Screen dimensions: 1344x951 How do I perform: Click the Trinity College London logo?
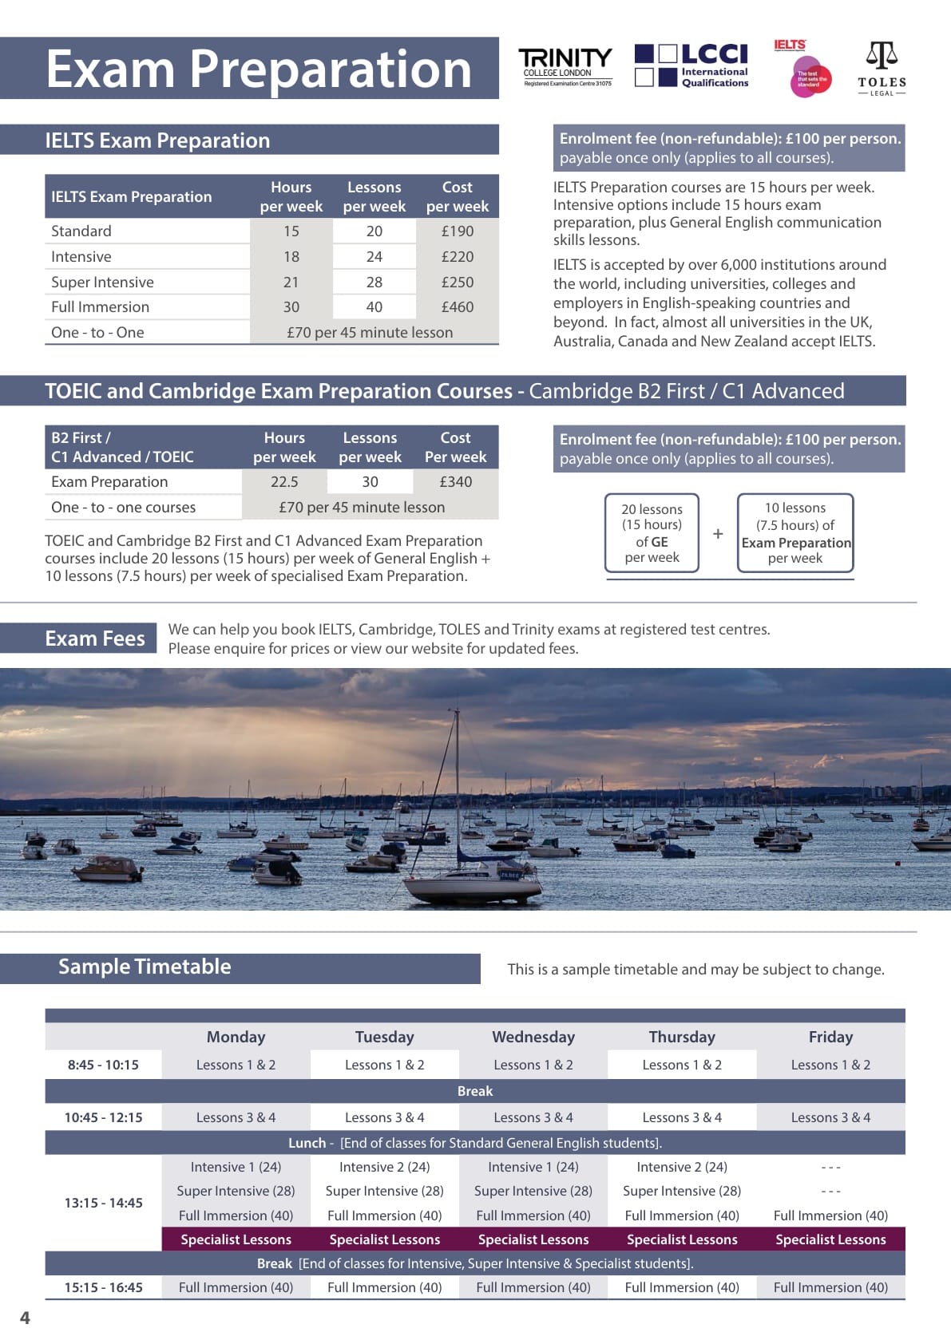click(565, 67)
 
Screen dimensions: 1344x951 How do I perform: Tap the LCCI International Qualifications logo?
click(691, 65)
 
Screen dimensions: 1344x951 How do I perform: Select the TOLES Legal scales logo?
click(882, 69)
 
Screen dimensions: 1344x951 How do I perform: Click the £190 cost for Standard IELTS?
click(458, 231)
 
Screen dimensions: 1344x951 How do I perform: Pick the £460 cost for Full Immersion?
click(458, 307)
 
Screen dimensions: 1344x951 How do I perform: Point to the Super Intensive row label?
click(103, 283)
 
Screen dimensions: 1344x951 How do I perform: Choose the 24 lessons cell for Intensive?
click(374, 257)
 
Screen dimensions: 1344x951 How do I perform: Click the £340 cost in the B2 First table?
click(456, 482)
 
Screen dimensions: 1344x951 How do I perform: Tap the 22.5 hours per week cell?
click(284, 482)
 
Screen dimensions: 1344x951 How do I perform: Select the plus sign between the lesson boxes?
click(718, 534)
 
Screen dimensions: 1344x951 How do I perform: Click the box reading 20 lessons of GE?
click(652, 533)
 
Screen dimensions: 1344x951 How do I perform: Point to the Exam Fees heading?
click(95, 639)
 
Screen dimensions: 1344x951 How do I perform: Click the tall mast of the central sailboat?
click(458, 782)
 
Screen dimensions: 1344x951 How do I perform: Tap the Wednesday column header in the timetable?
click(533, 1037)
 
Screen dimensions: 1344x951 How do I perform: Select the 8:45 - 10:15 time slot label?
click(103, 1065)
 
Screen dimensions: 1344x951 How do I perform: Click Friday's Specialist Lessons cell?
click(830, 1239)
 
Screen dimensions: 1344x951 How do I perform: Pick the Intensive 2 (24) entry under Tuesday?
click(384, 1167)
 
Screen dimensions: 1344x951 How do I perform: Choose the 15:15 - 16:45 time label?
click(104, 1287)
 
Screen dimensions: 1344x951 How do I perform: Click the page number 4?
click(25, 1318)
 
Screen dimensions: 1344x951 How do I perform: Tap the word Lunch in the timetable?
click(307, 1143)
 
